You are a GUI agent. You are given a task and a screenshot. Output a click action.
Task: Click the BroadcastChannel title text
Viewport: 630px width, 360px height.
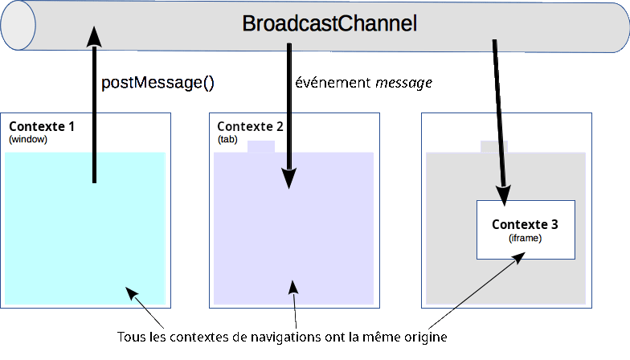click(x=329, y=24)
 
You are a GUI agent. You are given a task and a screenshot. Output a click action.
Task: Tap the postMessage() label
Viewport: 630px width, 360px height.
click(x=157, y=83)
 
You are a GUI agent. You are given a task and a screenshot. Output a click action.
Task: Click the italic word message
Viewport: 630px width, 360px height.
click(x=404, y=83)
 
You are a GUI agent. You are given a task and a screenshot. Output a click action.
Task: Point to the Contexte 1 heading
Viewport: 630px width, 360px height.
click(x=42, y=127)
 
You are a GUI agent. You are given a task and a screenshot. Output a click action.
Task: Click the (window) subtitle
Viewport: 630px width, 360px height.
click(x=28, y=139)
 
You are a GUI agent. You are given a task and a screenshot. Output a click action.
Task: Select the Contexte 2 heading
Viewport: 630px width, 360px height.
click(x=250, y=127)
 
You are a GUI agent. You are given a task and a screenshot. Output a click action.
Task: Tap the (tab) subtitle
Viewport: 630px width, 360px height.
click(x=227, y=139)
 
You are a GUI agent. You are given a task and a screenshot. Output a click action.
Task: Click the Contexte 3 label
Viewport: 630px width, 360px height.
click(x=525, y=224)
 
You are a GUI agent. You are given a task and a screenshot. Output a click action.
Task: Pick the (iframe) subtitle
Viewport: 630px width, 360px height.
click(x=526, y=238)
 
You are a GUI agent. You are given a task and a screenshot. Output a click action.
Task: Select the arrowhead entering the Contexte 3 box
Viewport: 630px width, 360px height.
click(x=504, y=195)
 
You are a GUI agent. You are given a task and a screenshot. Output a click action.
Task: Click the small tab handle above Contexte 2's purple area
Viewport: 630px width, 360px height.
click(x=261, y=146)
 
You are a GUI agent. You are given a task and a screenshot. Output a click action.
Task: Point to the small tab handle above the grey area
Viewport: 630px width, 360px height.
click(x=493, y=146)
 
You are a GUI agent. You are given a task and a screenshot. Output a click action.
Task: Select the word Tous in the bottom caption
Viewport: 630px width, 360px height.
click(x=130, y=335)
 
